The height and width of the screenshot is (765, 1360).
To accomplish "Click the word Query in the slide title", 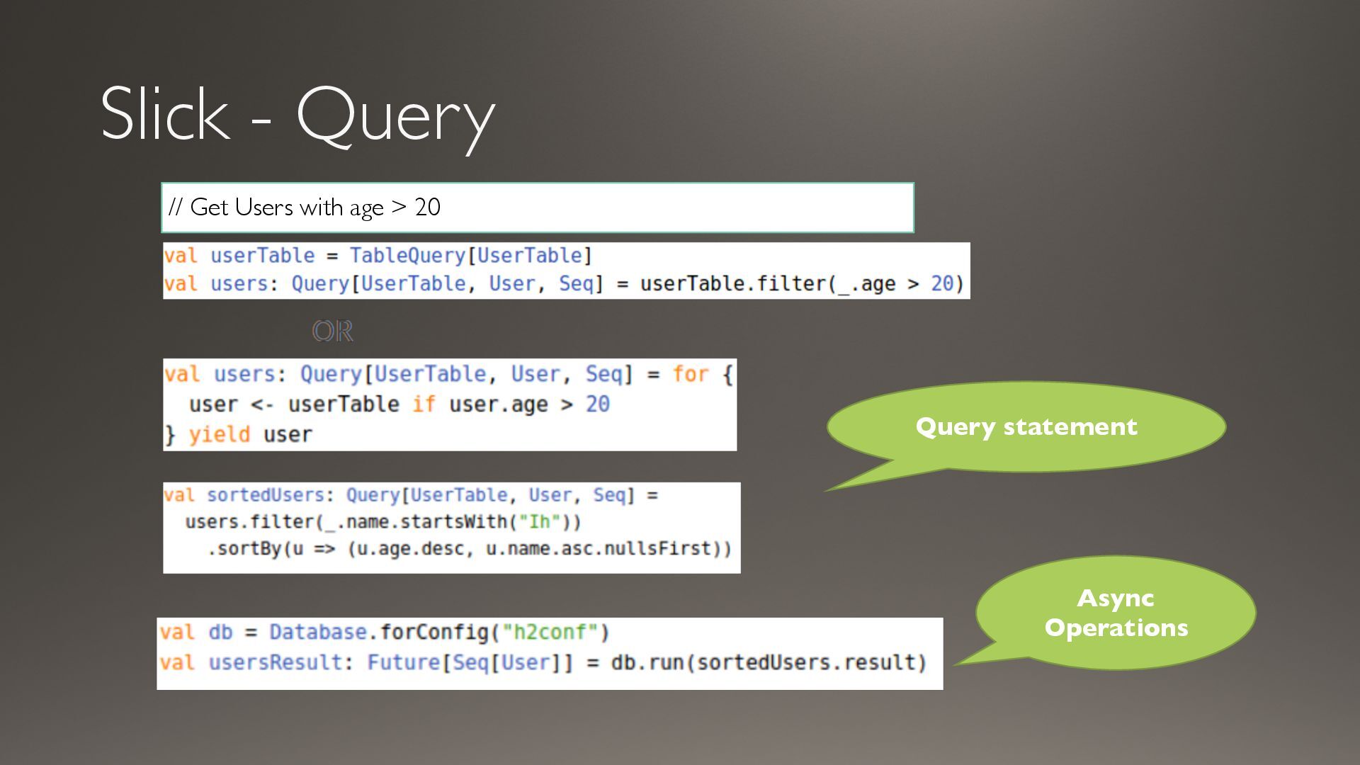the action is click(x=395, y=117).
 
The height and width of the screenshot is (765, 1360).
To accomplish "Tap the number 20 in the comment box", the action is click(x=427, y=208).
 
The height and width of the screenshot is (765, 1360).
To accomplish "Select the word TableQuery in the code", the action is click(x=407, y=256).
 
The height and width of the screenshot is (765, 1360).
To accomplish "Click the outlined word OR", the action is click(x=332, y=331).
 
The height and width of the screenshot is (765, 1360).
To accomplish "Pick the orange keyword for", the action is click(x=690, y=374).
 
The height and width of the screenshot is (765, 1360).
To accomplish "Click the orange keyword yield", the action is click(x=220, y=434).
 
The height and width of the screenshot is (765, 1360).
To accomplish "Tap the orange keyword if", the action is click(x=424, y=404).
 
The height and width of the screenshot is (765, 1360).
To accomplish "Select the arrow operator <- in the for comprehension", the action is click(x=261, y=404).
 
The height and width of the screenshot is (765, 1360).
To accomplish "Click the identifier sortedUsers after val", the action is click(x=265, y=495).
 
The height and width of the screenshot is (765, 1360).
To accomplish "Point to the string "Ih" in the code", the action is click(x=539, y=522).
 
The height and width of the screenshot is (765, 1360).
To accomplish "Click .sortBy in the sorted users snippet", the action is click(x=244, y=549).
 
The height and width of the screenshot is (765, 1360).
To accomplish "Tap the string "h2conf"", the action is click(x=550, y=632).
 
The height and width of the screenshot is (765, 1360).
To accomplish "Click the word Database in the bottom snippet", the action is click(x=317, y=632).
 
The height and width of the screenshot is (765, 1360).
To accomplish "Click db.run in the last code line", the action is click(x=647, y=662).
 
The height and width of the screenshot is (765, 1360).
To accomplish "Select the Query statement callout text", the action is click(x=1026, y=426).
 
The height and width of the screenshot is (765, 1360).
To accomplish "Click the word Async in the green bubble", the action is click(x=1116, y=599).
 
